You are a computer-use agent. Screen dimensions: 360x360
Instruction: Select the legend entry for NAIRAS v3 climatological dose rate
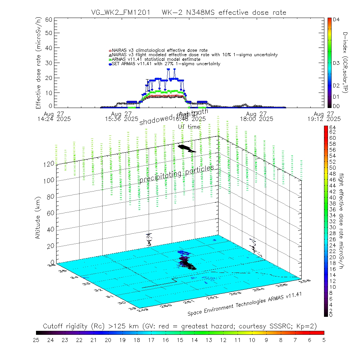coord(160,50)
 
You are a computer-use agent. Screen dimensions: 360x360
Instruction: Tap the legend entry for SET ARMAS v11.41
coord(166,64)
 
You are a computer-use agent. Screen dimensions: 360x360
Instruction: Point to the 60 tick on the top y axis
coord(49,19)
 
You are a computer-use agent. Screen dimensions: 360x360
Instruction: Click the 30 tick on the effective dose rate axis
coord(49,63)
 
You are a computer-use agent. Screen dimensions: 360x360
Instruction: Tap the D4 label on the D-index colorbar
coord(337,20)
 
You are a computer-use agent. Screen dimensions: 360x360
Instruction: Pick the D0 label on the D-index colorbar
coord(337,106)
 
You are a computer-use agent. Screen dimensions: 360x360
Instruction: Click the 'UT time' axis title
coord(189,127)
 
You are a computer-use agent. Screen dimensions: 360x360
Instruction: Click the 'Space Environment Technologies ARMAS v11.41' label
coord(244,304)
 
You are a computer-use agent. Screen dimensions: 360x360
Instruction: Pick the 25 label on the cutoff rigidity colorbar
coord(36,339)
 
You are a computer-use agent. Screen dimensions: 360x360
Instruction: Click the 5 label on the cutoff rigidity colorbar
coord(324,339)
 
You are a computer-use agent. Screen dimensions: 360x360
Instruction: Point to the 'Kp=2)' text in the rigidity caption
coord(307,326)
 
